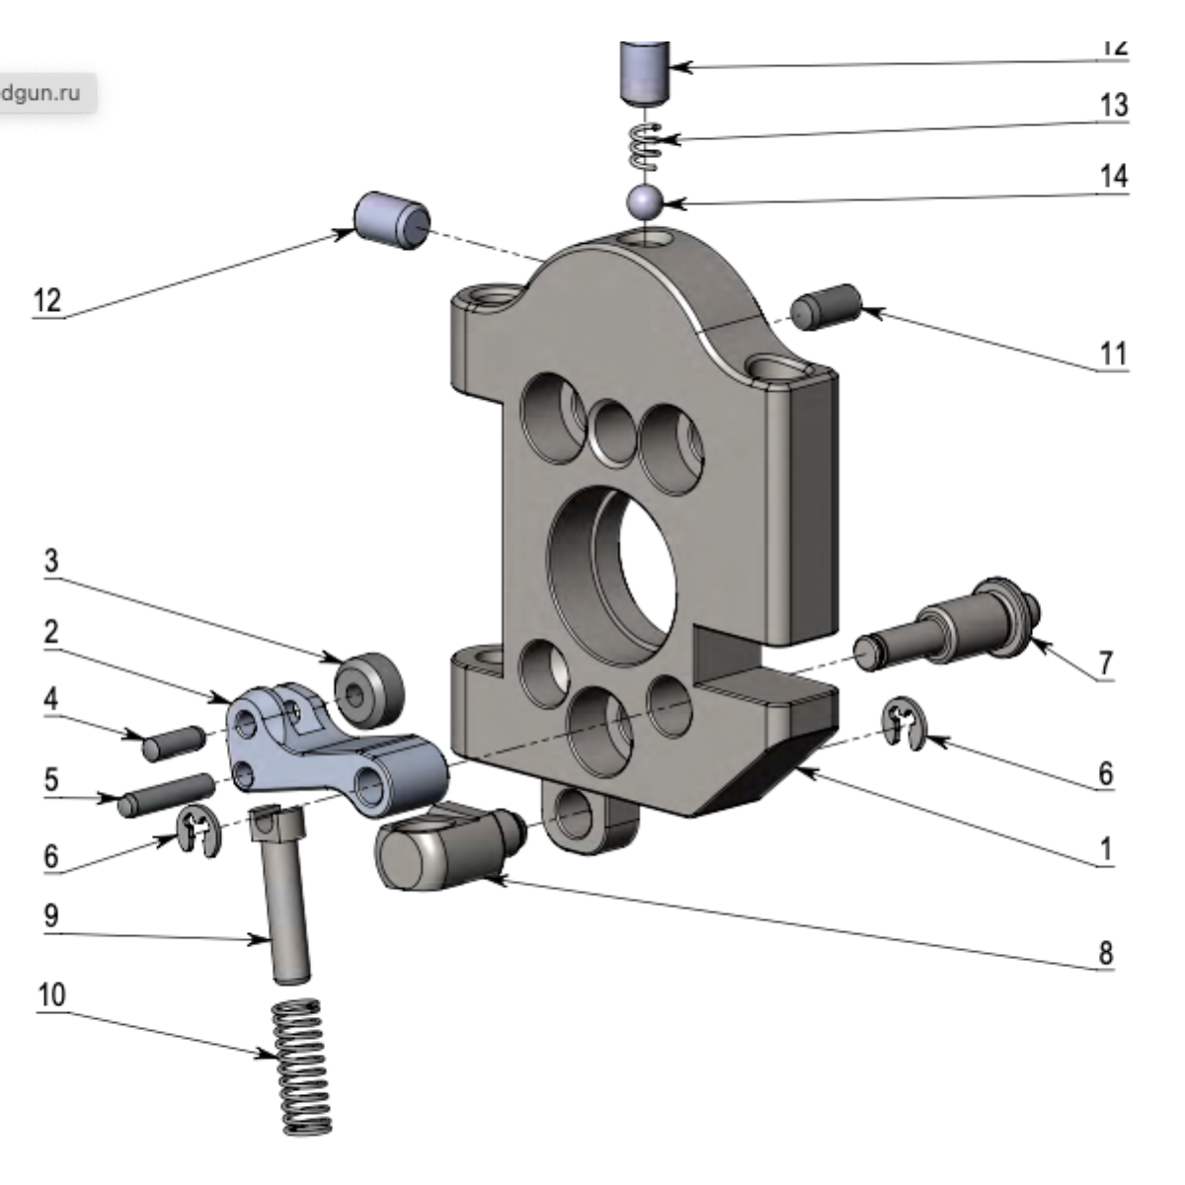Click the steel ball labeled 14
643,200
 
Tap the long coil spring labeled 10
299,1066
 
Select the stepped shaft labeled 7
948,627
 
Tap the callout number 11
1113,353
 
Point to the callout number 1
1106,848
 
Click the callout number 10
51,993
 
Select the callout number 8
1105,953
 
